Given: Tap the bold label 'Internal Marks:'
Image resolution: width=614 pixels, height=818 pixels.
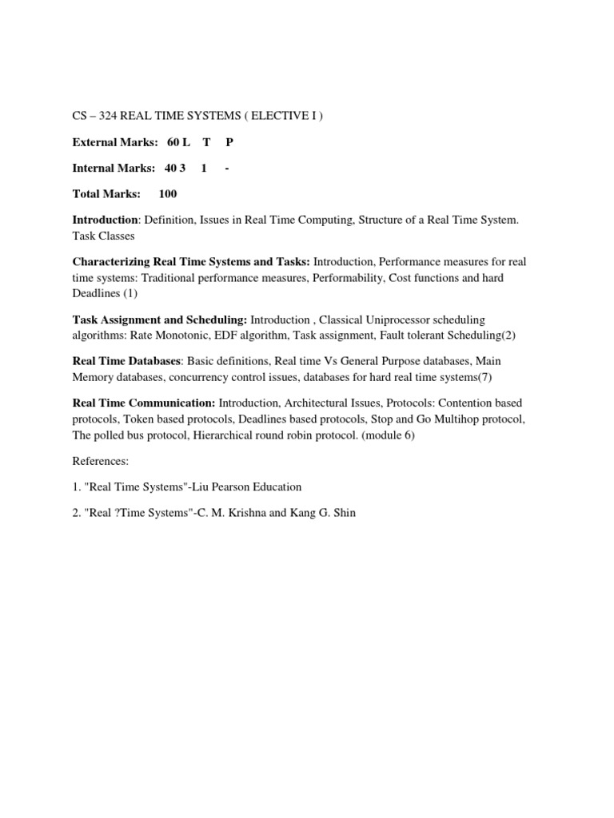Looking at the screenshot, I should pos(114,168).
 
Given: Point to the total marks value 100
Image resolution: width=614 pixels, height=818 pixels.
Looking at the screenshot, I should pos(168,193).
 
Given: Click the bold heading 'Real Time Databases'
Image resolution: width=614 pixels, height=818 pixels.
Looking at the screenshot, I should pos(126,361).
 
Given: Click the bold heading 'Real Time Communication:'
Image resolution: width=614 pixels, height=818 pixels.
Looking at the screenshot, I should pos(144,403).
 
